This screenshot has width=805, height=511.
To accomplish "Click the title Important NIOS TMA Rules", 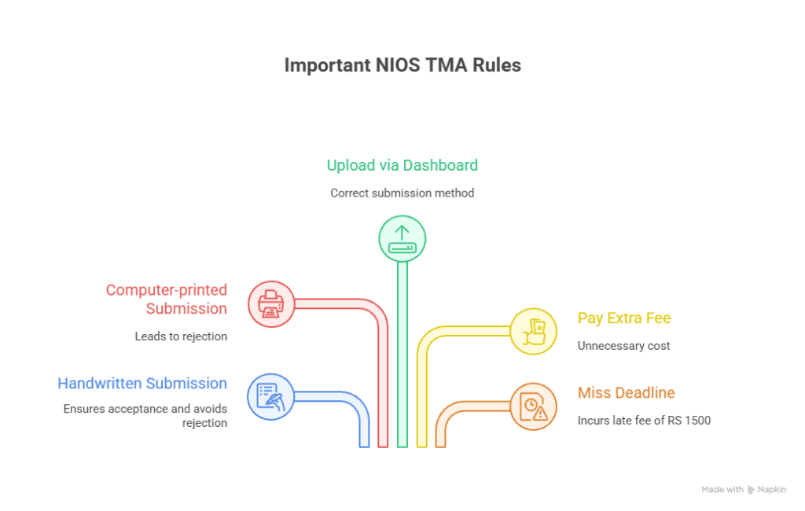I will [x=402, y=65].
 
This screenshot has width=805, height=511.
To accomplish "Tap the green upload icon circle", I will [x=402, y=238].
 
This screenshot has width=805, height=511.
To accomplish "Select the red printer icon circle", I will [x=270, y=303].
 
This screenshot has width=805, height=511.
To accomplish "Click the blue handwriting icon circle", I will [x=270, y=395].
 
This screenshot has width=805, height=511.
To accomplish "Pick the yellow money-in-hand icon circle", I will [x=533, y=330].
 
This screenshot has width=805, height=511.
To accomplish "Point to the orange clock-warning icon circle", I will [x=533, y=406].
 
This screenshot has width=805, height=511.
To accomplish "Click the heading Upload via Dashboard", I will [x=402, y=165].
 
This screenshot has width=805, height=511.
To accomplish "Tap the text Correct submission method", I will [x=402, y=193].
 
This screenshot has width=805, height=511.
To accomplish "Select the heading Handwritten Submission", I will [x=142, y=384].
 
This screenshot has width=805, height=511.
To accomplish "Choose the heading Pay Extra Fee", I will [x=624, y=318].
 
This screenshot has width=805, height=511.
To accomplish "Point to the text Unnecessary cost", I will [x=623, y=345].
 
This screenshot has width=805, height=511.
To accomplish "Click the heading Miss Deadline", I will [x=626, y=393].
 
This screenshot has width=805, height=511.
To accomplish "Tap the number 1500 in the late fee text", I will [x=698, y=421].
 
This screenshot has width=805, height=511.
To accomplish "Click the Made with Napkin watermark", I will [x=744, y=489].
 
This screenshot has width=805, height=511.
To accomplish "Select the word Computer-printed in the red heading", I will [x=167, y=290].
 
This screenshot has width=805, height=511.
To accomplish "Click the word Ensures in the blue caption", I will [x=83, y=409].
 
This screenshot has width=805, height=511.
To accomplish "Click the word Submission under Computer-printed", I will [x=187, y=309].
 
